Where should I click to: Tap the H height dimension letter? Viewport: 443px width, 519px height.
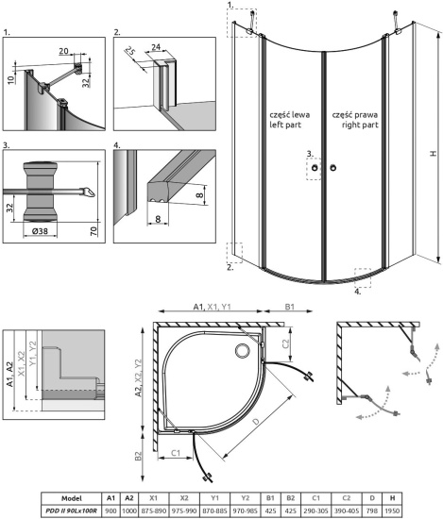click(431, 154)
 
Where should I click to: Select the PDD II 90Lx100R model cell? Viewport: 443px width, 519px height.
click(62, 509)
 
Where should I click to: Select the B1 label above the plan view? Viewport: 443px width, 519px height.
click(291, 306)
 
